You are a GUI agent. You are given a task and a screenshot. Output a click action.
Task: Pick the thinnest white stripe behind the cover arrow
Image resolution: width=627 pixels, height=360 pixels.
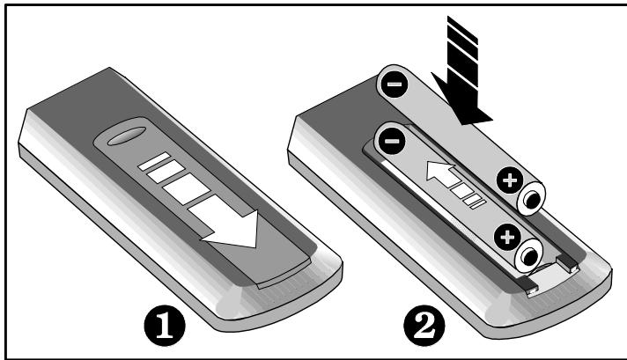click(150, 163)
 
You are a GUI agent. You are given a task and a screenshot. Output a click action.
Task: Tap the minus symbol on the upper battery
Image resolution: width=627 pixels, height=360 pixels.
click(393, 85)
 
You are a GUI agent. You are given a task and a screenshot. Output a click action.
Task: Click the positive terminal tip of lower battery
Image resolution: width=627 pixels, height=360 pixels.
click(529, 254)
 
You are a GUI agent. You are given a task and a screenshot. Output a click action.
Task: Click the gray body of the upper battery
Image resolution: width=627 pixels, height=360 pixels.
click(449, 132)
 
